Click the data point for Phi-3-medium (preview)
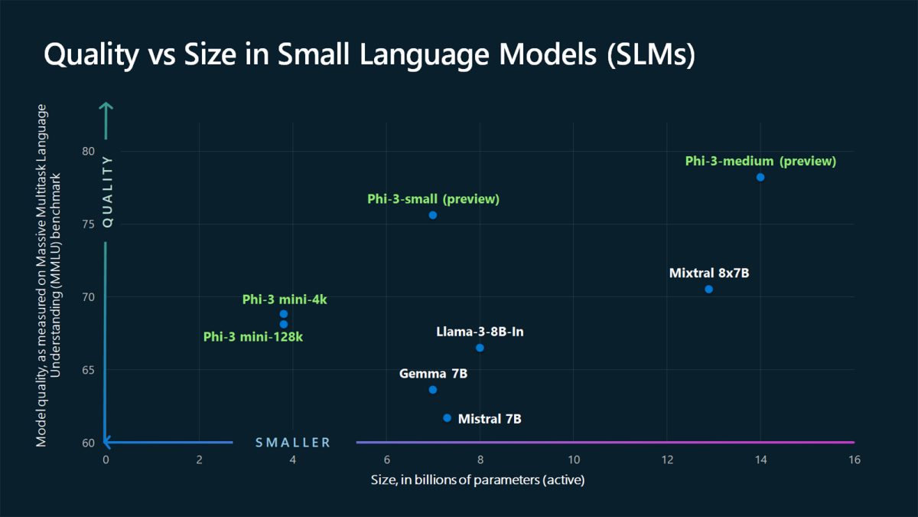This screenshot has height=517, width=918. pos(760,177)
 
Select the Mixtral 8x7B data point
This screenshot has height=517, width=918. pos(708,289)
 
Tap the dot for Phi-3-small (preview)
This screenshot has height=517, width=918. pos(433,215)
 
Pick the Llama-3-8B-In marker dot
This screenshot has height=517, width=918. pos(480,348)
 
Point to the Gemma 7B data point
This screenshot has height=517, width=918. pos(433,390)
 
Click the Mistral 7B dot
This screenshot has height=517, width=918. pos(447,417)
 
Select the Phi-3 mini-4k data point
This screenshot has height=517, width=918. pos(284,314)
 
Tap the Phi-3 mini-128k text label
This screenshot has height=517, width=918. pos(253,337)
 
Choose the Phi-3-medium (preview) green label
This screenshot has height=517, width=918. pos(760,161)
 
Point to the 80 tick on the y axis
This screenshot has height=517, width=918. pos(88,151)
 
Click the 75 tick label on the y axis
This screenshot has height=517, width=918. pos(88,224)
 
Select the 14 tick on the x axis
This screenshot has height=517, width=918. pos(760,460)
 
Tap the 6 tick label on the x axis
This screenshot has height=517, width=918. pos(386,460)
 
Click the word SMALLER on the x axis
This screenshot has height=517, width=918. pos(293,443)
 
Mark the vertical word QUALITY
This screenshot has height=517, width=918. pos(107,191)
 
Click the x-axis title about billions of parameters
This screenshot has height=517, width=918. pos(478,479)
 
